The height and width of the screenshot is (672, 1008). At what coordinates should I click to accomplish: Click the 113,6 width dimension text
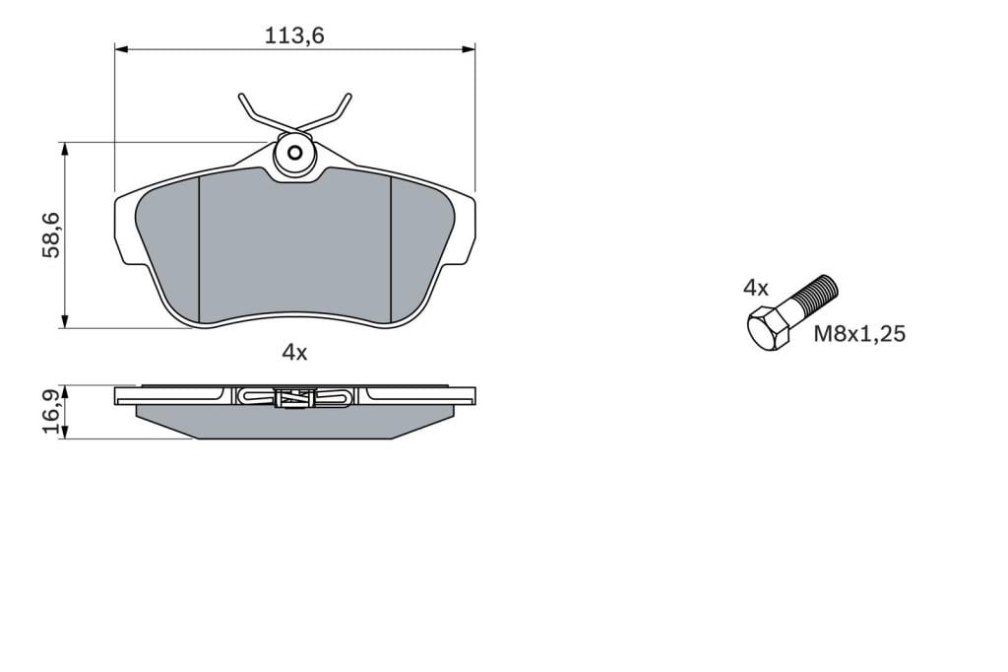tap(294, 35)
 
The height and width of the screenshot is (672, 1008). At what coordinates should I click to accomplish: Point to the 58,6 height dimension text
tap(51, 235)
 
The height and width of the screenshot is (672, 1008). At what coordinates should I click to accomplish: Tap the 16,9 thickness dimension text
tap(51, 411)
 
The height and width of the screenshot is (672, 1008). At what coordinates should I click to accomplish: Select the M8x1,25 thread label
tap(859, 333)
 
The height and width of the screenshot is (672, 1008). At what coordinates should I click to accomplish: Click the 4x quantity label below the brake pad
tap(294, 352)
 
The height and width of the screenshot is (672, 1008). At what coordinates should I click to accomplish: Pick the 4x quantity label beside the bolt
tap(755, 288)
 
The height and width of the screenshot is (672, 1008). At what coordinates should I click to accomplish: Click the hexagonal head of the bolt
tap(768, 329)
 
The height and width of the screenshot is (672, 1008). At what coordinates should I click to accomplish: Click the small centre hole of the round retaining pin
tap(295, 153)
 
